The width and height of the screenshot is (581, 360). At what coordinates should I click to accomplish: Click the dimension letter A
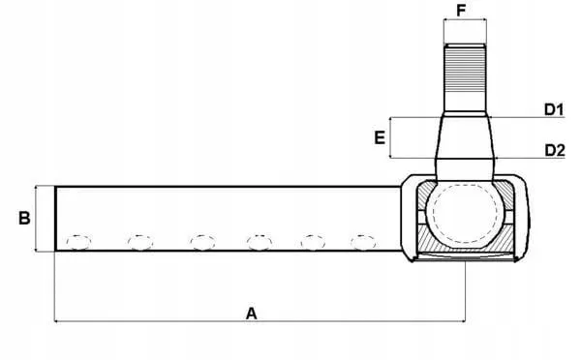251,314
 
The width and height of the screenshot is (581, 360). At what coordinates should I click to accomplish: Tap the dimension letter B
24,218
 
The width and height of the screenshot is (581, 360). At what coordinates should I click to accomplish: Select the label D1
554,109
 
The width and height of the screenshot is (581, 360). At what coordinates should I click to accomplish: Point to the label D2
555,150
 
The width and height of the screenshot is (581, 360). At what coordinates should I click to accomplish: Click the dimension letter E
380,137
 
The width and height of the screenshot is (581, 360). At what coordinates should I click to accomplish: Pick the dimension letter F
461,11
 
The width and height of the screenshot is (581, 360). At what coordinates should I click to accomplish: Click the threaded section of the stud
465,70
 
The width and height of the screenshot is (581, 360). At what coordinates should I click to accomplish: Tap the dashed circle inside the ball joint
465,186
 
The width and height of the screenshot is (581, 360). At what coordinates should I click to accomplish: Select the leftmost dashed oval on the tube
78,243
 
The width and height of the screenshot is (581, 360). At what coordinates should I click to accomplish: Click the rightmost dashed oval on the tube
363,243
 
